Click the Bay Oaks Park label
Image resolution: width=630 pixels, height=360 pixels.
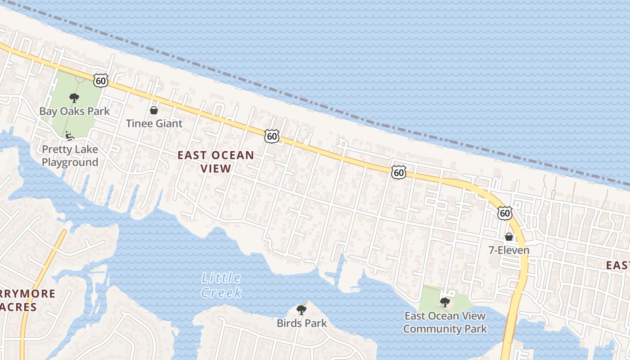pyautogui.click(x=74, y=111)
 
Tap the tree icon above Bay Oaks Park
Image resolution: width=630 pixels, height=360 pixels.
pyautogui.click(x=74, y=98)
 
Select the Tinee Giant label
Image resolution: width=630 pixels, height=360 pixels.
pyautogui.click(x=154, y=123)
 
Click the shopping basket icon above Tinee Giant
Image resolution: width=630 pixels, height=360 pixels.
pyautogui.click(x=154, y=110)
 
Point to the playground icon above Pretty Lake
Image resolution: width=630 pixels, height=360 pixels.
pyautogui.click(x=68, y=135)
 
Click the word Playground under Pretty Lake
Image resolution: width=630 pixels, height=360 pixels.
pyautogui.click(x=70, y=162)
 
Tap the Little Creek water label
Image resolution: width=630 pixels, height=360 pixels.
pyautogui.click(x=221, y=285)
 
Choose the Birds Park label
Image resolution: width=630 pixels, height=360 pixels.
pyautogui.click(x=301, y=323)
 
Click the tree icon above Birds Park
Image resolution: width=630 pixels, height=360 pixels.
pyautogui.click(x=301, y=310)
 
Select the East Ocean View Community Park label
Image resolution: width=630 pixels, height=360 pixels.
pyautogui.click(x=445, y=322)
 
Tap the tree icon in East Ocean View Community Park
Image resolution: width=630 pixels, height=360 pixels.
pyautogui.click(x=445, y=302)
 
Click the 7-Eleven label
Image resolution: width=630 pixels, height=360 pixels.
pyautogui.click(x=509, y=250)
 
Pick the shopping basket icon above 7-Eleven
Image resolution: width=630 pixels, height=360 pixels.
pyautogui.click(x=509, y=237)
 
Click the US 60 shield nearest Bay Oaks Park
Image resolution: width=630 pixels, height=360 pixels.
pyautogui.click(x=101, y=81)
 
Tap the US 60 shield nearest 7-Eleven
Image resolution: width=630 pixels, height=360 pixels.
pyautogui.click(x=505, y=213)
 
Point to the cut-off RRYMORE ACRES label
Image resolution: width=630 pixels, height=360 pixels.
pyautogui.click(x=27, y=301)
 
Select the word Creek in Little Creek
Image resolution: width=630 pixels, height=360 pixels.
pyautogui.click(x=221, y=293)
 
